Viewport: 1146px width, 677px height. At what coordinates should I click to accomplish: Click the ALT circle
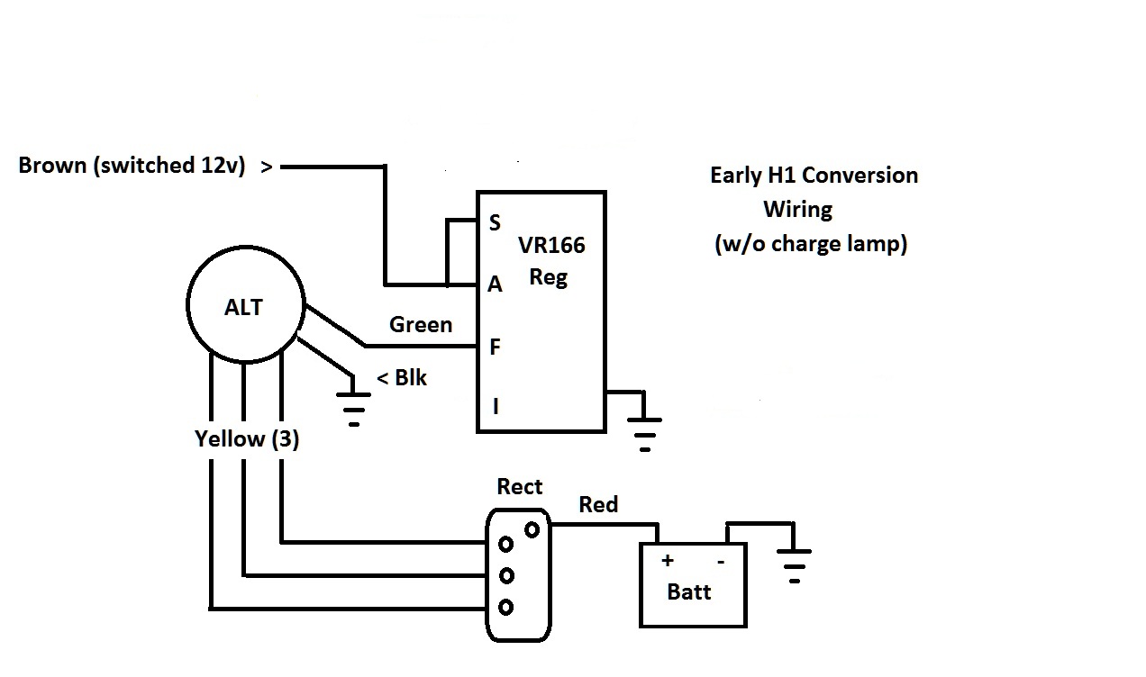click(x=244, y=306)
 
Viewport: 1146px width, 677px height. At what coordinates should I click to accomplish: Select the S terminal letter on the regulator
click(x=495, y=223)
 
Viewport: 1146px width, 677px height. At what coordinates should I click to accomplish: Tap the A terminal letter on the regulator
click(x=495, y=284)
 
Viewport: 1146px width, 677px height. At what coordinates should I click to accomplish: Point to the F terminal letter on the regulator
click(x=495, y=348)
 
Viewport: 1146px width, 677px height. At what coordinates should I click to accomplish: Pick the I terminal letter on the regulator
click(x=495, y=407)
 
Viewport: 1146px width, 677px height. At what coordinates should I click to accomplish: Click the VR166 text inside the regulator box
click(x=551, y=246)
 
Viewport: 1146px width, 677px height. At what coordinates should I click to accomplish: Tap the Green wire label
click(x=421, y=324)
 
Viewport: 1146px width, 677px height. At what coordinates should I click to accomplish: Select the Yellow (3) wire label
click(x=247, y=439)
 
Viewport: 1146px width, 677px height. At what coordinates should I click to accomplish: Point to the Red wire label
click(x=598, y=504)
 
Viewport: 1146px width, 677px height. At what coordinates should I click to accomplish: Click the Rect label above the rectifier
click(x=520, y=487)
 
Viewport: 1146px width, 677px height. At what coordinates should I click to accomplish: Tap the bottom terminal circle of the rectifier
click(x=506, y=608)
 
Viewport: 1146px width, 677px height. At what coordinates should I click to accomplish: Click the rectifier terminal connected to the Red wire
click(x=532, y=528)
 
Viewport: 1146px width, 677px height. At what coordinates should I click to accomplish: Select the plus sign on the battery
click(x=668, y=561)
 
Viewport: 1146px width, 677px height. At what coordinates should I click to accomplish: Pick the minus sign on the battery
click(x=721, y=561)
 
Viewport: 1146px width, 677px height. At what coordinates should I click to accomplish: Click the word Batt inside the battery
click(x=689, y=592)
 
